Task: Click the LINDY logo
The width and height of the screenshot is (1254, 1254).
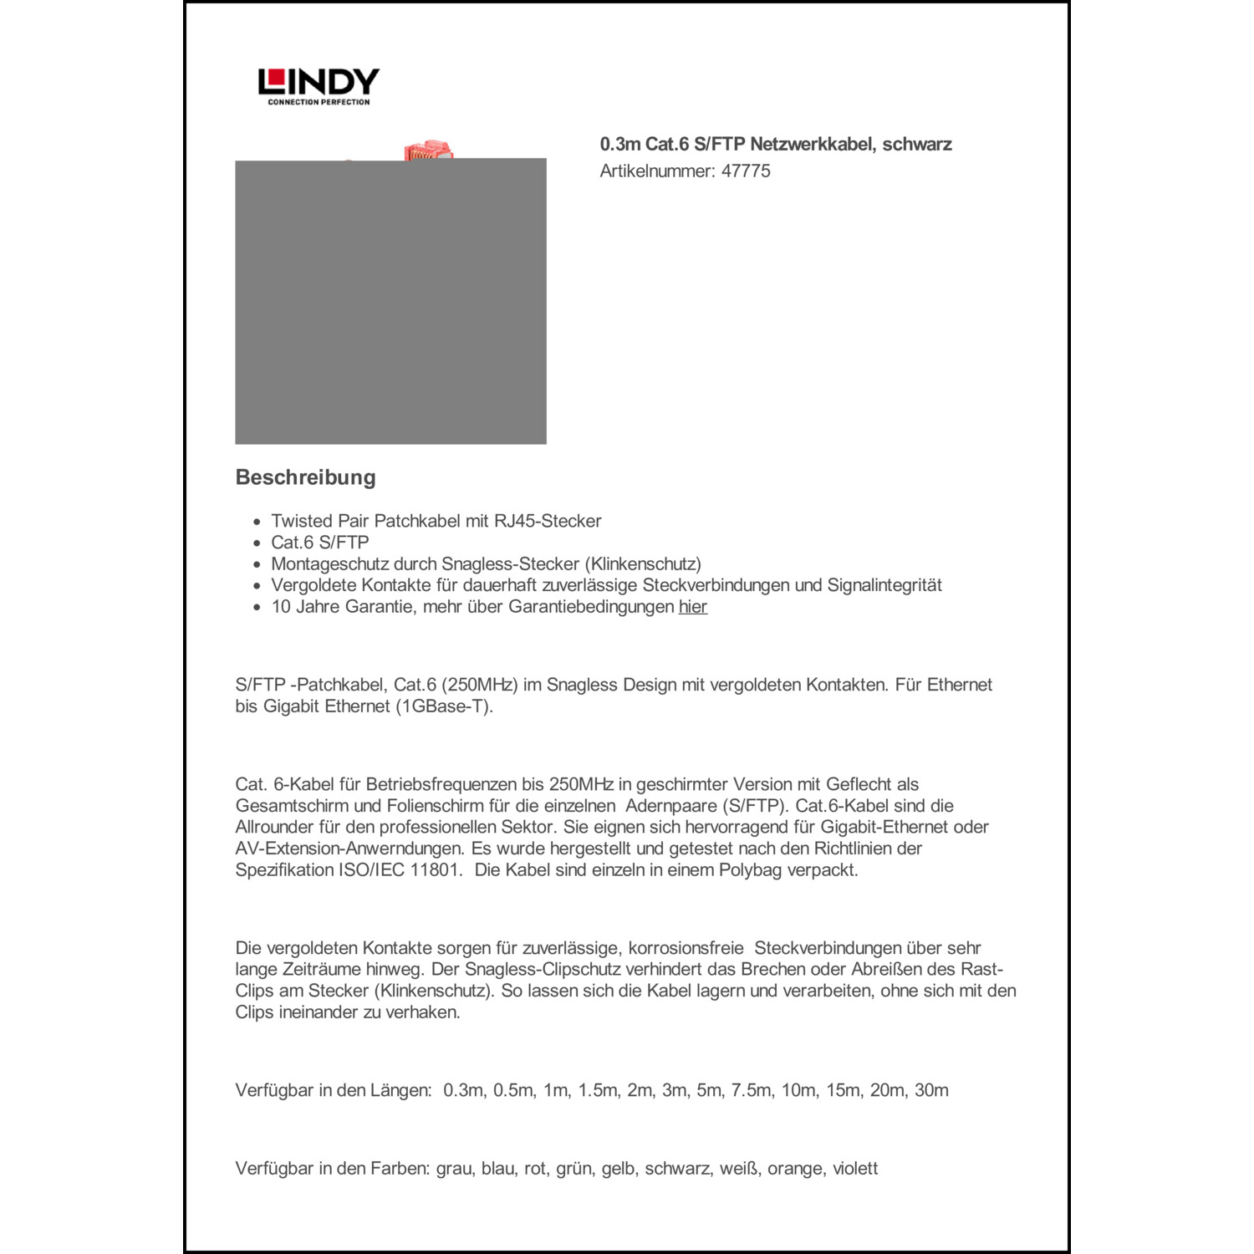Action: [x=319, y=82]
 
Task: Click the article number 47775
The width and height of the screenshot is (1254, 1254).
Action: [x=746, y=171]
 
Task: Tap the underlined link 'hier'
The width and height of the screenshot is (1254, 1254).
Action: [x=692, y=607]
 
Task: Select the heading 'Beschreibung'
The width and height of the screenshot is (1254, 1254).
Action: [x=305, y=477]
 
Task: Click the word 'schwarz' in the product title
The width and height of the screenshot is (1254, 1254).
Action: [x=917, y=144]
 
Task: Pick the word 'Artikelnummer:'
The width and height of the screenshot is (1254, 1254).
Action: [x=657, y=171]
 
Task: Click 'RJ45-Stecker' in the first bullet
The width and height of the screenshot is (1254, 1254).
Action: [x=548, y=521]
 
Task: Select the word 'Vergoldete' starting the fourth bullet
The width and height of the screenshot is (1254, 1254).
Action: [x=313, y=585]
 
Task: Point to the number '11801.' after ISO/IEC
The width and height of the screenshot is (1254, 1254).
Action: [x=436, y=870]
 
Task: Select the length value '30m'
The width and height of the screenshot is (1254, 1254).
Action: [x=931, y=1090]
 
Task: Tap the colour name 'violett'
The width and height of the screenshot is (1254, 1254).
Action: [x=855, y=1169]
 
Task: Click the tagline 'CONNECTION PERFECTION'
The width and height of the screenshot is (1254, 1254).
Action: [x=319, y=102]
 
